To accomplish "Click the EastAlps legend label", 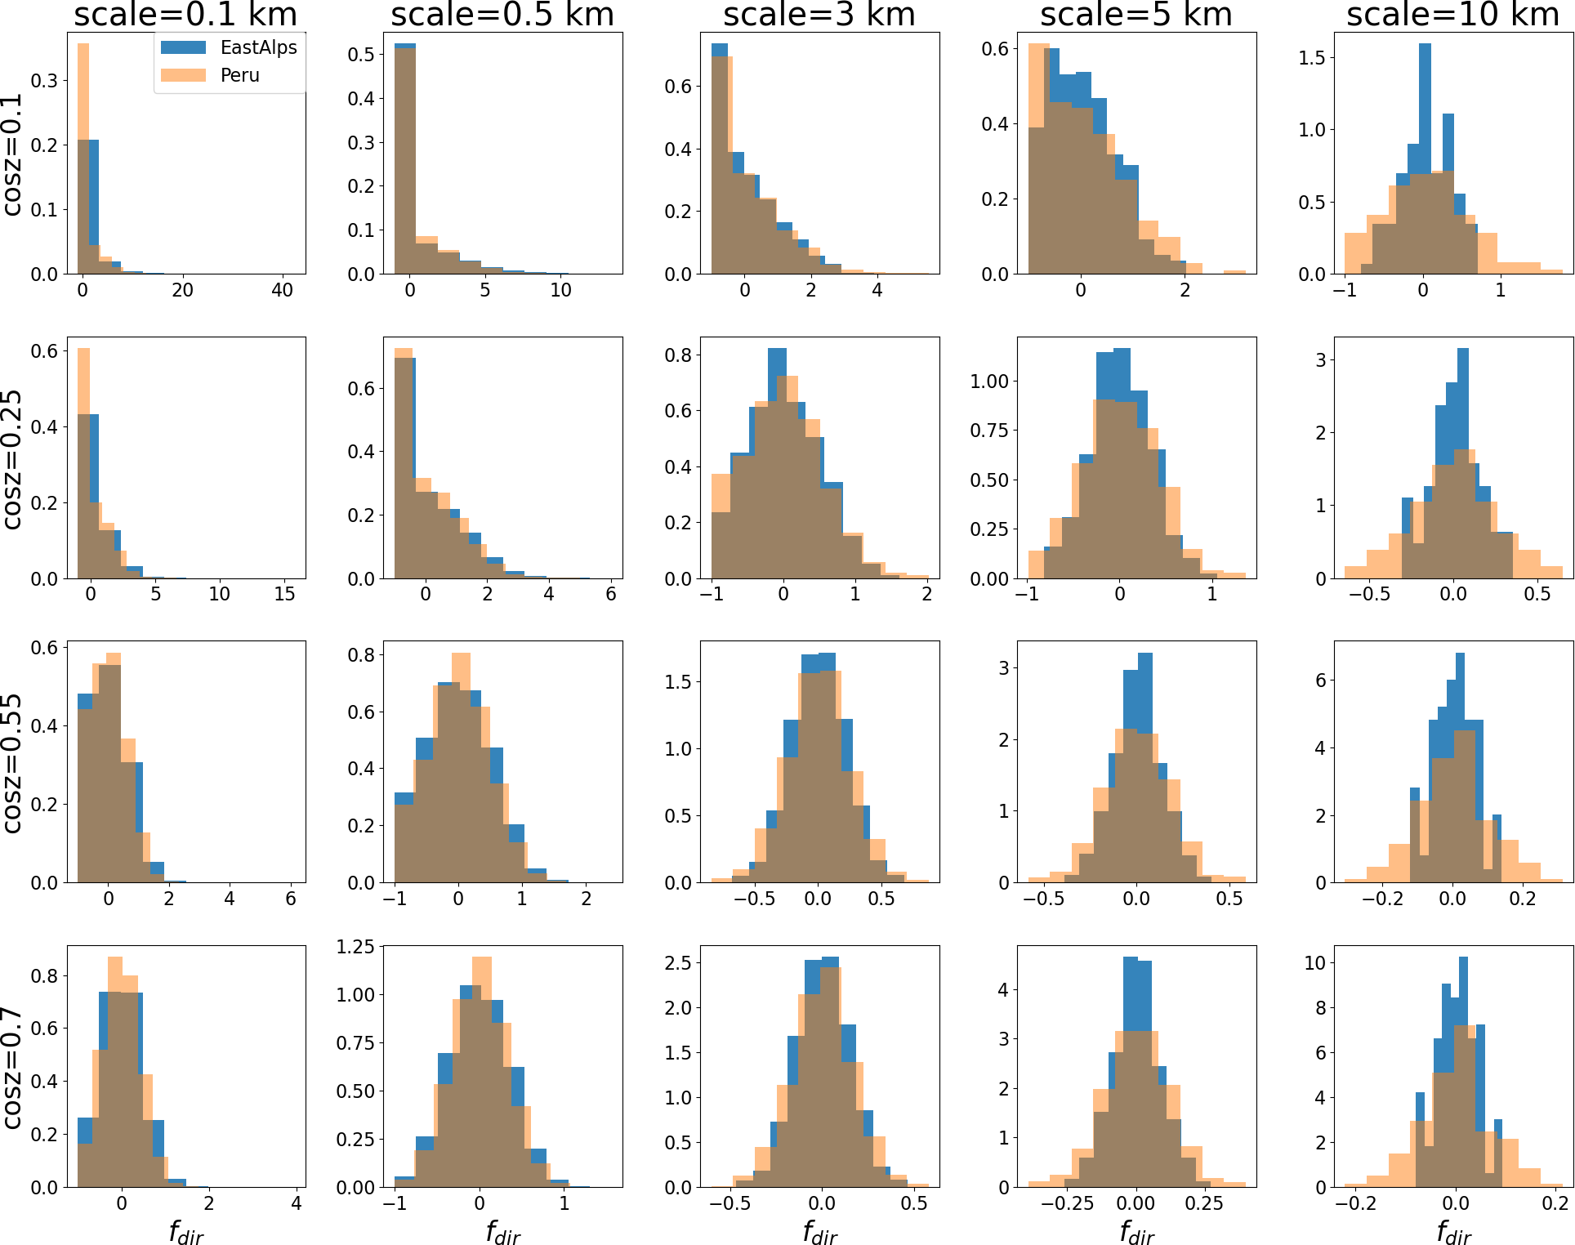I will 258,47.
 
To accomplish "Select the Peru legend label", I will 239,75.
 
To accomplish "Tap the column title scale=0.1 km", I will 185,15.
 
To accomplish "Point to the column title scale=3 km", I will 819,15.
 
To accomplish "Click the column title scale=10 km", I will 1452,15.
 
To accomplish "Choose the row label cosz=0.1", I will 11,154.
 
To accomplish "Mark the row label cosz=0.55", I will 11,763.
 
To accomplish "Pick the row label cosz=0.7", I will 11,1068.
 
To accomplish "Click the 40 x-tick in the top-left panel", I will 282,290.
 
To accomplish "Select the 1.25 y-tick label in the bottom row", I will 355,947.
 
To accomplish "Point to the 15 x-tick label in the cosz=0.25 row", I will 284,594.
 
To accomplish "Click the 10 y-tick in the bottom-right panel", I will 1314,963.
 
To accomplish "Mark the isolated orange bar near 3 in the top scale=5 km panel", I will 1234,271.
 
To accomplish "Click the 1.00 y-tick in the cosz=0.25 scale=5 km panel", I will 988,382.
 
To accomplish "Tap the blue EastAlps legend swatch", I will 183,47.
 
